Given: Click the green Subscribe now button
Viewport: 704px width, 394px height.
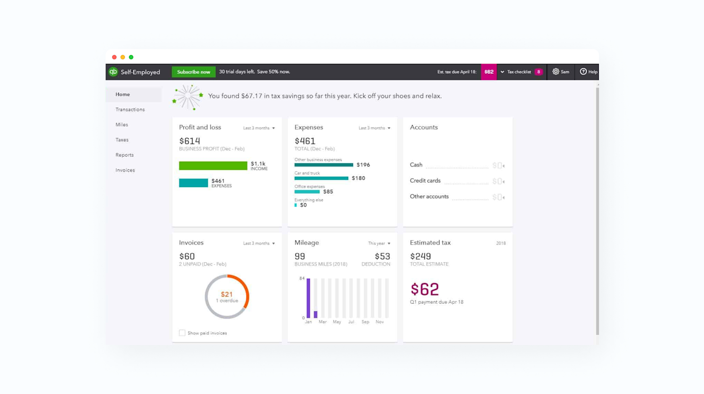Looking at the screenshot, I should click(x=194, y=72).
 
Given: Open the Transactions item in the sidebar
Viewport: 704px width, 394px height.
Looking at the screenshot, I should click(x=130, y=109).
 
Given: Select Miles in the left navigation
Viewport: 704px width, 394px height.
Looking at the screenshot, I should click(x=122, y=124).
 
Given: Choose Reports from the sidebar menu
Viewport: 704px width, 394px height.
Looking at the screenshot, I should click(x=125, y=155).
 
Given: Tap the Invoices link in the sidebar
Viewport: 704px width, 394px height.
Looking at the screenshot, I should click(x=125, y=170).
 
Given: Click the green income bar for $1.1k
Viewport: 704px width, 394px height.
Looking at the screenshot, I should click(x=213, y=166).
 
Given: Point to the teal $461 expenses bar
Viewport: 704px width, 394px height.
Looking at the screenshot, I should click(x=194, y=183).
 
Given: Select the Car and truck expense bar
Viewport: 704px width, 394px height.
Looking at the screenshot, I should click(x=321, y=178).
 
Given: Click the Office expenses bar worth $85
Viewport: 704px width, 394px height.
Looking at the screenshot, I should click(x=307, y=192).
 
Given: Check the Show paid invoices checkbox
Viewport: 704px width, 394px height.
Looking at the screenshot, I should click(x=182, y=333).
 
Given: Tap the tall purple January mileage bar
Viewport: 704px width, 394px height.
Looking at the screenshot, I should click(x=308, y=298).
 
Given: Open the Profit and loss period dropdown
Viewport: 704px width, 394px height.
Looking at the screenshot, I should click(x=259, y=128).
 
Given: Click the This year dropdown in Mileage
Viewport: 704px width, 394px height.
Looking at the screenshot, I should click(x=379, y=243).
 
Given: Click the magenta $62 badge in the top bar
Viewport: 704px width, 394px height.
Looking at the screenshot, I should click(x=489, y=72).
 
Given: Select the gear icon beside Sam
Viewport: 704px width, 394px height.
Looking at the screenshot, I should click(x=556, y=72).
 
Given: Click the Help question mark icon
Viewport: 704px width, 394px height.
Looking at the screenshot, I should click(x=583, y=72).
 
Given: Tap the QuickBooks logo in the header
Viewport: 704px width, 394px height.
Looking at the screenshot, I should click(x=113, y=72).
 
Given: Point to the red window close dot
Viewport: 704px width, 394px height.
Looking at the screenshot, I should click(x=114, y=57).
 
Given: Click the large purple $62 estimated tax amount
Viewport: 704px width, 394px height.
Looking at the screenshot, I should click(x=425, y=289).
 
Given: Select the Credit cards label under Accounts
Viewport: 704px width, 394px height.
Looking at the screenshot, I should click(x=425, y=181).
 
